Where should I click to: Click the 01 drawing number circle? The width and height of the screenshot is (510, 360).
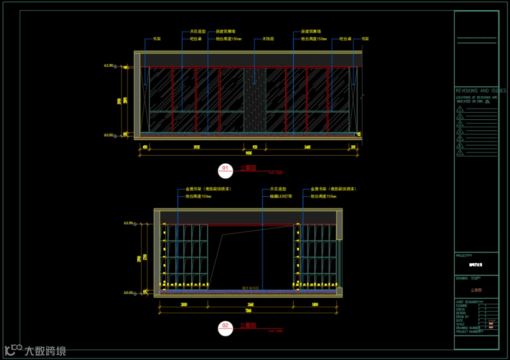pos(225,168)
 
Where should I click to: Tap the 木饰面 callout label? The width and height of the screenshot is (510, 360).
pos(268,39)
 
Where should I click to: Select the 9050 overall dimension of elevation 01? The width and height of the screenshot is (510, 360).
pos(248,153)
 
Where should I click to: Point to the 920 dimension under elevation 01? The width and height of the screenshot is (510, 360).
pos(255,147)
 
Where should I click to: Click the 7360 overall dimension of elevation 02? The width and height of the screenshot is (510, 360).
pos(248,310)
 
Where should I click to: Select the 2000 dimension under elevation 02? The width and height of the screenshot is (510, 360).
pos(184,305)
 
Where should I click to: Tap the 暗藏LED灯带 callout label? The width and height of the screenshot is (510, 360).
pos(280,196)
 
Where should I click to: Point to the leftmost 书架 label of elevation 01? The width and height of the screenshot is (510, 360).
pos(156,39)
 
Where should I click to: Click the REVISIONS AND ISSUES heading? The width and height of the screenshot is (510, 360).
pos(480,91)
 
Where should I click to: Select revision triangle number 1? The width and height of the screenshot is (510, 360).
pos(460,109)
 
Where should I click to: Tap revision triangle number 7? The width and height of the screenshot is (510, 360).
pos(460,153)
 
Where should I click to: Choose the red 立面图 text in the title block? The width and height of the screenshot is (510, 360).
pos(476,290)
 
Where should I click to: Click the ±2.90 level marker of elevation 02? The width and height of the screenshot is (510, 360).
pos(128,223)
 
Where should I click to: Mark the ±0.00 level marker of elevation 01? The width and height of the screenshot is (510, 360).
pos(109,135)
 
